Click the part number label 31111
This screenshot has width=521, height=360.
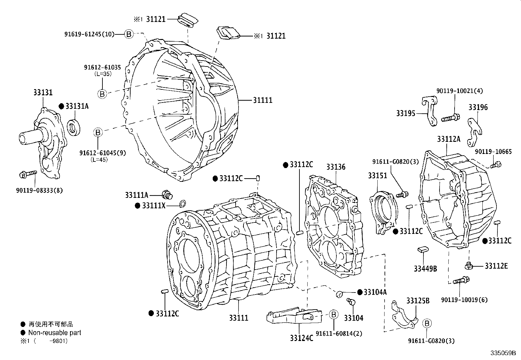pos(262,100)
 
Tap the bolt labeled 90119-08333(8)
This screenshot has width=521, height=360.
pos(28,174)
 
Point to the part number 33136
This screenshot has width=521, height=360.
pos(335,167)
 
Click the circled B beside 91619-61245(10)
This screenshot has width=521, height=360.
pos(129,34)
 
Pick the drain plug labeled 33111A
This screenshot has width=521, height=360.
pos(168,195)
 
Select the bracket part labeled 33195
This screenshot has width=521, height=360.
pos(428,111)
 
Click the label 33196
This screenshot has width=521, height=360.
pos(478,107)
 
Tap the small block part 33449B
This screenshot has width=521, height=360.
pos(422,250)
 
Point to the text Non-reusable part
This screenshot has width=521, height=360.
pos(55,333)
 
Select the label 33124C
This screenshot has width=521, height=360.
pos(301,337)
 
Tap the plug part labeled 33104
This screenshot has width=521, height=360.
pos(351,301)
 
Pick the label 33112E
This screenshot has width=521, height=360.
pos(496,266)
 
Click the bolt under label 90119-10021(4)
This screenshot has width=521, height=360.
pos(451,118)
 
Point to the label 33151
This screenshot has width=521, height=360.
pos(377,176)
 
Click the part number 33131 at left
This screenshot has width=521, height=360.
pos(43,93)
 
